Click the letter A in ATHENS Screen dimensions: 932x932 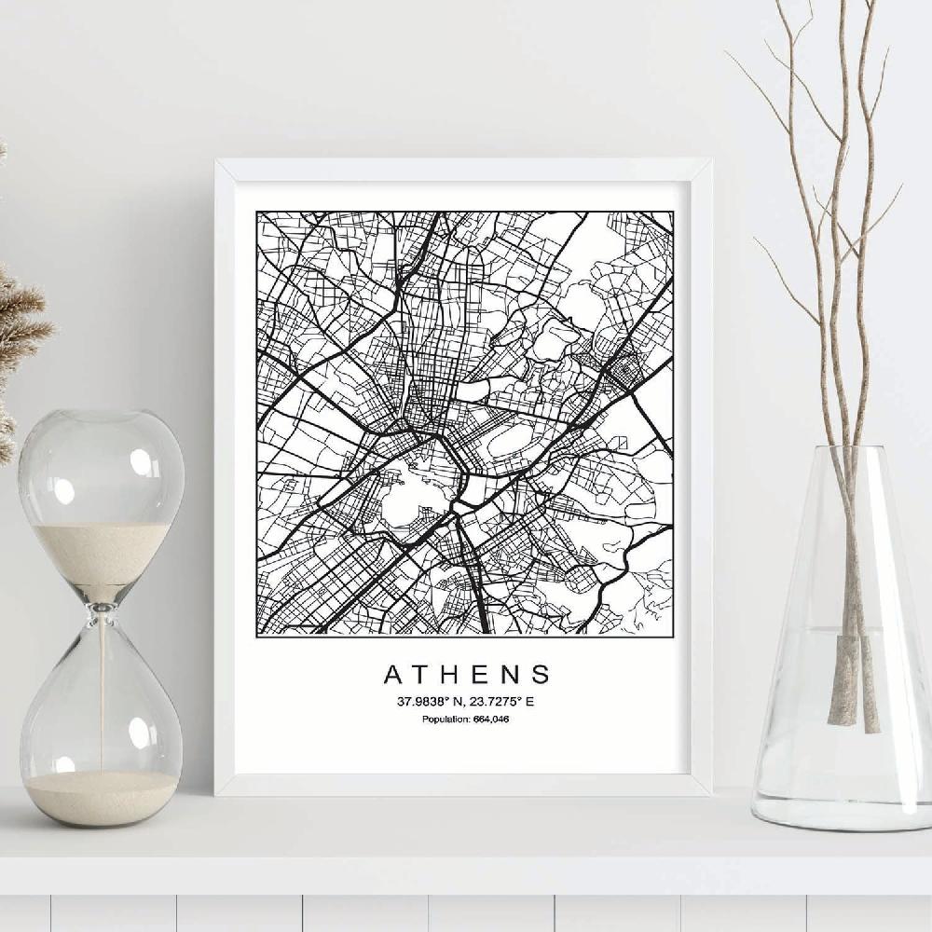click(392, 674)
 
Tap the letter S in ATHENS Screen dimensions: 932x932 click(540, 674)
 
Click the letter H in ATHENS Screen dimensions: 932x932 click(449, 674)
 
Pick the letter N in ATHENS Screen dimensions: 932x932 click(509, 674)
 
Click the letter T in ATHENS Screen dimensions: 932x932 click(421, 674)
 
